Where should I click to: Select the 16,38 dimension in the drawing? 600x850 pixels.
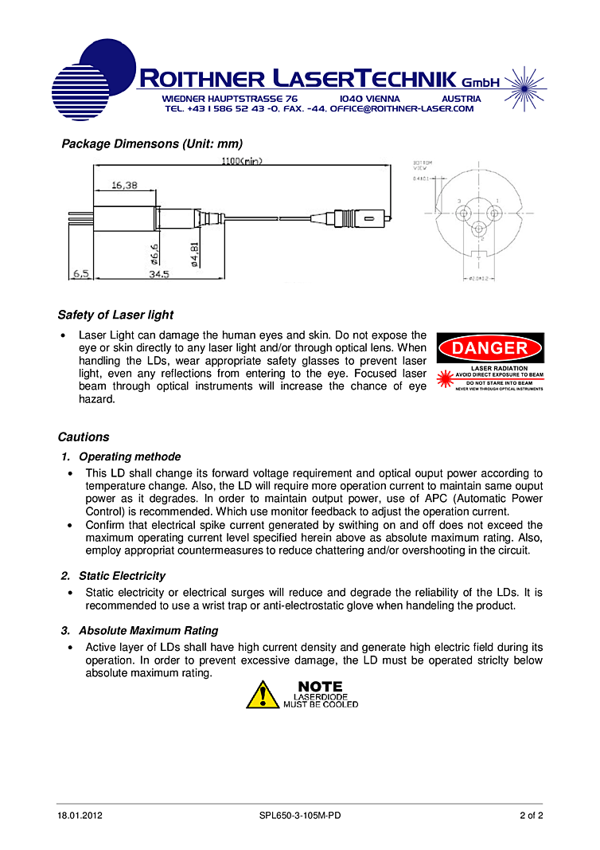[x=124, y=185]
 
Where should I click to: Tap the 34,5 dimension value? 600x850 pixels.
[x=158, y=274]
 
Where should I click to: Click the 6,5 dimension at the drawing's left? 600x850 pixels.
[x=81, y=274]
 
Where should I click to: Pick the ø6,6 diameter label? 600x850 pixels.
[x=156, y=253]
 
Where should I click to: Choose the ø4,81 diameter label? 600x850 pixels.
[x=195, y=253]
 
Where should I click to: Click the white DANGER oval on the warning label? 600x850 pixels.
[x=490, y=348]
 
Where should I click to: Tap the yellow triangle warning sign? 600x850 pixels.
[x=262, y=695]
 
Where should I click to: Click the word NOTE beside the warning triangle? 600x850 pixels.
[x=320, y=686]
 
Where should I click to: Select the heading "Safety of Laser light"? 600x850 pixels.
[x=115, y=315]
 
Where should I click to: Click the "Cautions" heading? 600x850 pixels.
[x=84, y=437]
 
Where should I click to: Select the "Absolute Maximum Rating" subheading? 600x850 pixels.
[x=148, y=631]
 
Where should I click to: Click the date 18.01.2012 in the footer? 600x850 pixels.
[x=80, y=815]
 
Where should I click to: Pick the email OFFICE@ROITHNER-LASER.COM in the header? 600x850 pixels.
[x=401, y=108]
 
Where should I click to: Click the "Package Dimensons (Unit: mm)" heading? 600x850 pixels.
[x=152, y=144]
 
